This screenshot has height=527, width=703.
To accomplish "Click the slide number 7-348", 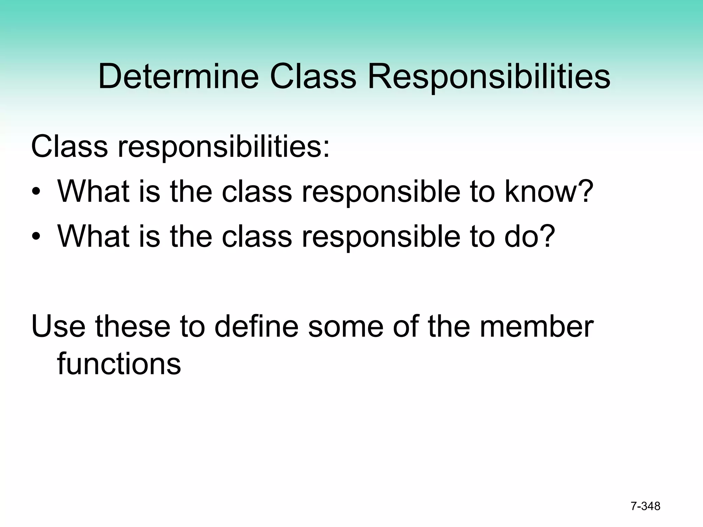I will click(645, 506).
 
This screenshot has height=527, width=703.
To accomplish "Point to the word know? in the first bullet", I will click(549, 191).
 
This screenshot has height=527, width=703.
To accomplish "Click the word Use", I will click(58, 326).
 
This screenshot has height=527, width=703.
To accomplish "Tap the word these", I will click(132, 326).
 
